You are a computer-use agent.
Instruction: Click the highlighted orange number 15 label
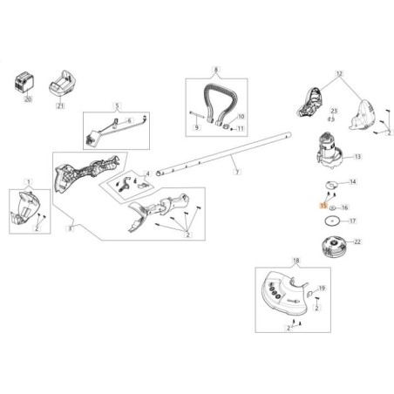323,207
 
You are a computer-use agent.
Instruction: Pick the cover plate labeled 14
331,183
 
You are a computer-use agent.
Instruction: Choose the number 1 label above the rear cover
30,181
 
